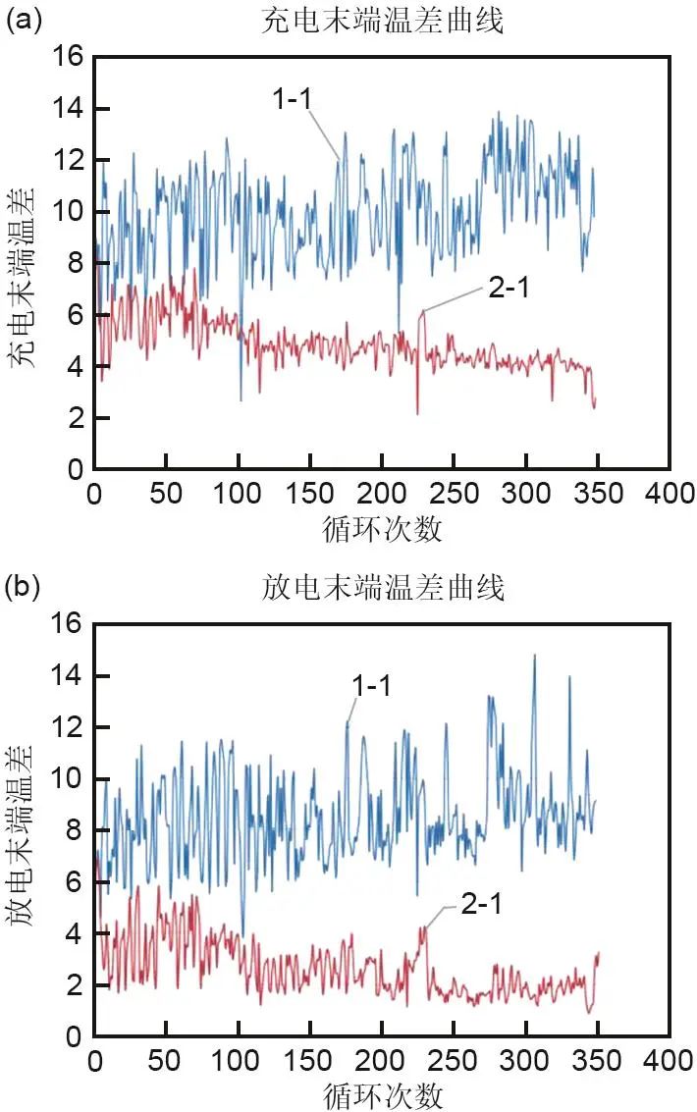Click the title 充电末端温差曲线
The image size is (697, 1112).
pos(384,21)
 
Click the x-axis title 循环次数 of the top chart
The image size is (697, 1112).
pos(382,530)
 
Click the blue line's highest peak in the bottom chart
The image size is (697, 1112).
pos(534,656)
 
